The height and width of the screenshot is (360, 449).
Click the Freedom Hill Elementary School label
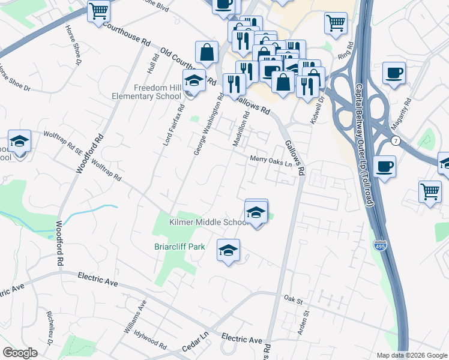(149, 92)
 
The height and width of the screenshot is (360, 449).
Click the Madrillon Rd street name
(241, 127)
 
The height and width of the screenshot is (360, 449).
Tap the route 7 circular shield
(396, 140)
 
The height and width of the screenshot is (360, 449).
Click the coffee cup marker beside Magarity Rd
(394, 73)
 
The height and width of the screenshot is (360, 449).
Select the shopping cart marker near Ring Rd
(336, 23)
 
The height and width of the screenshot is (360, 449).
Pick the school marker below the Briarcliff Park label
(228, 251)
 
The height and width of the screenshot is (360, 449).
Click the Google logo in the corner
(20, 353)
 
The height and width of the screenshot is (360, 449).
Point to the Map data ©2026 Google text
(411, 355)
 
